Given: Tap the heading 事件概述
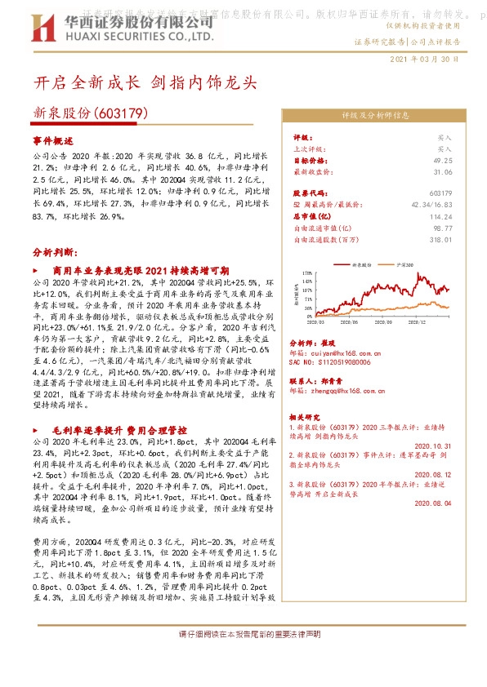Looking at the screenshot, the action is pyautogui.click(x=53, y=140).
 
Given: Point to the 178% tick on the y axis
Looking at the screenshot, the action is pyautogui.click(x=306, y=272).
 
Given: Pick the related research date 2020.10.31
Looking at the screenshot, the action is pyautogui.click(x=433, y=445).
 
